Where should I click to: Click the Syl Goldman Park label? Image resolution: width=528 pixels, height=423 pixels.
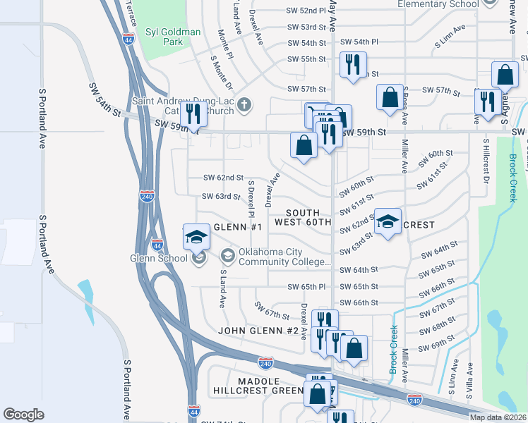tap(173, 37)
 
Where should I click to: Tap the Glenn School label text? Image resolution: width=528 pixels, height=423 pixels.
tap(157, 257)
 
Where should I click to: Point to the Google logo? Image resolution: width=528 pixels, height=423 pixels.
tap(23, 415)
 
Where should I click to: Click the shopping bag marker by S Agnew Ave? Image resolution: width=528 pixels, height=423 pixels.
tap(505, 75)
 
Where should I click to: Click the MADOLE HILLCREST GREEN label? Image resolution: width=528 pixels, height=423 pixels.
tap(258, 386)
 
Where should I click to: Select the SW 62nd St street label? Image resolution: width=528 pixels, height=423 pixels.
tap(223, 178)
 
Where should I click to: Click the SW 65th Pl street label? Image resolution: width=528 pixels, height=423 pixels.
tap(306, 287)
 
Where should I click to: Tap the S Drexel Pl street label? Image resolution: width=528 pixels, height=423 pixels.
tap(251, 198)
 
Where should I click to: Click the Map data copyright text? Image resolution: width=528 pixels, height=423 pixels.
tap(497, 417)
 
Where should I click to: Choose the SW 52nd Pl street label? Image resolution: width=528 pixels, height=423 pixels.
tap(306, 11)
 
